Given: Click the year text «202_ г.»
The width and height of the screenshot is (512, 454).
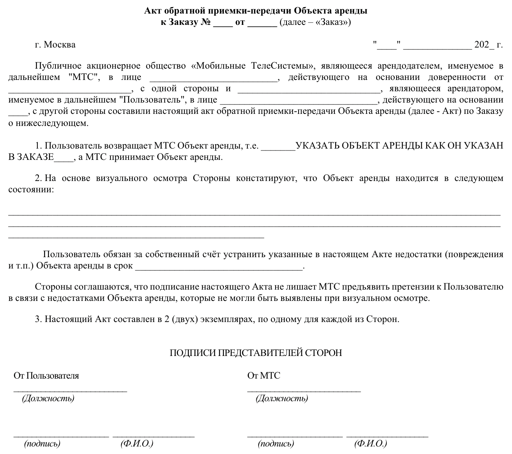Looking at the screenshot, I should (488, 45).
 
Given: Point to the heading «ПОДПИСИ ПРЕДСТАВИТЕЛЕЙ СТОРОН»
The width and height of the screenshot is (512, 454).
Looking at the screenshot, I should (256, 353).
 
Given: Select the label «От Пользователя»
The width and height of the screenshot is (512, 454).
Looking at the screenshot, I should (46, 376).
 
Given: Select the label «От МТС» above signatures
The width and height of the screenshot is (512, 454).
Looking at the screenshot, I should (264, 376).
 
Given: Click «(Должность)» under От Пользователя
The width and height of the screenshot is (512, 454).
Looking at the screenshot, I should (48, 398).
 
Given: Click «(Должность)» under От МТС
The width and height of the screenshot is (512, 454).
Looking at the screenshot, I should (282, 398).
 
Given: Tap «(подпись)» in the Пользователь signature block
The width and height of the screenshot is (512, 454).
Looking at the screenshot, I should (42, 444).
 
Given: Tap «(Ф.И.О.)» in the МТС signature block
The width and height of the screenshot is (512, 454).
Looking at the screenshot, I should (371, 444).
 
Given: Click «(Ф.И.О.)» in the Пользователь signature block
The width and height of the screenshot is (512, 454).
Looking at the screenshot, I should (137, 444).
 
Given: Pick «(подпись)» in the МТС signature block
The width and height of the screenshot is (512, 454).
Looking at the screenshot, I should (276, 444).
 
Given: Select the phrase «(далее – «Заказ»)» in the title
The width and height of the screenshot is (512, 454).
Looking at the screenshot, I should (315, 22).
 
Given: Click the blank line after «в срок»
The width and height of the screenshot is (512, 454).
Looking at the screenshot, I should (219, 266).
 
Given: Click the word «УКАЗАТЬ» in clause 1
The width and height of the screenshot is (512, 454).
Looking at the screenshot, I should (317, 146).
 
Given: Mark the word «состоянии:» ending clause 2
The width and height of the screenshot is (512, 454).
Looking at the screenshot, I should (31, 190).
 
